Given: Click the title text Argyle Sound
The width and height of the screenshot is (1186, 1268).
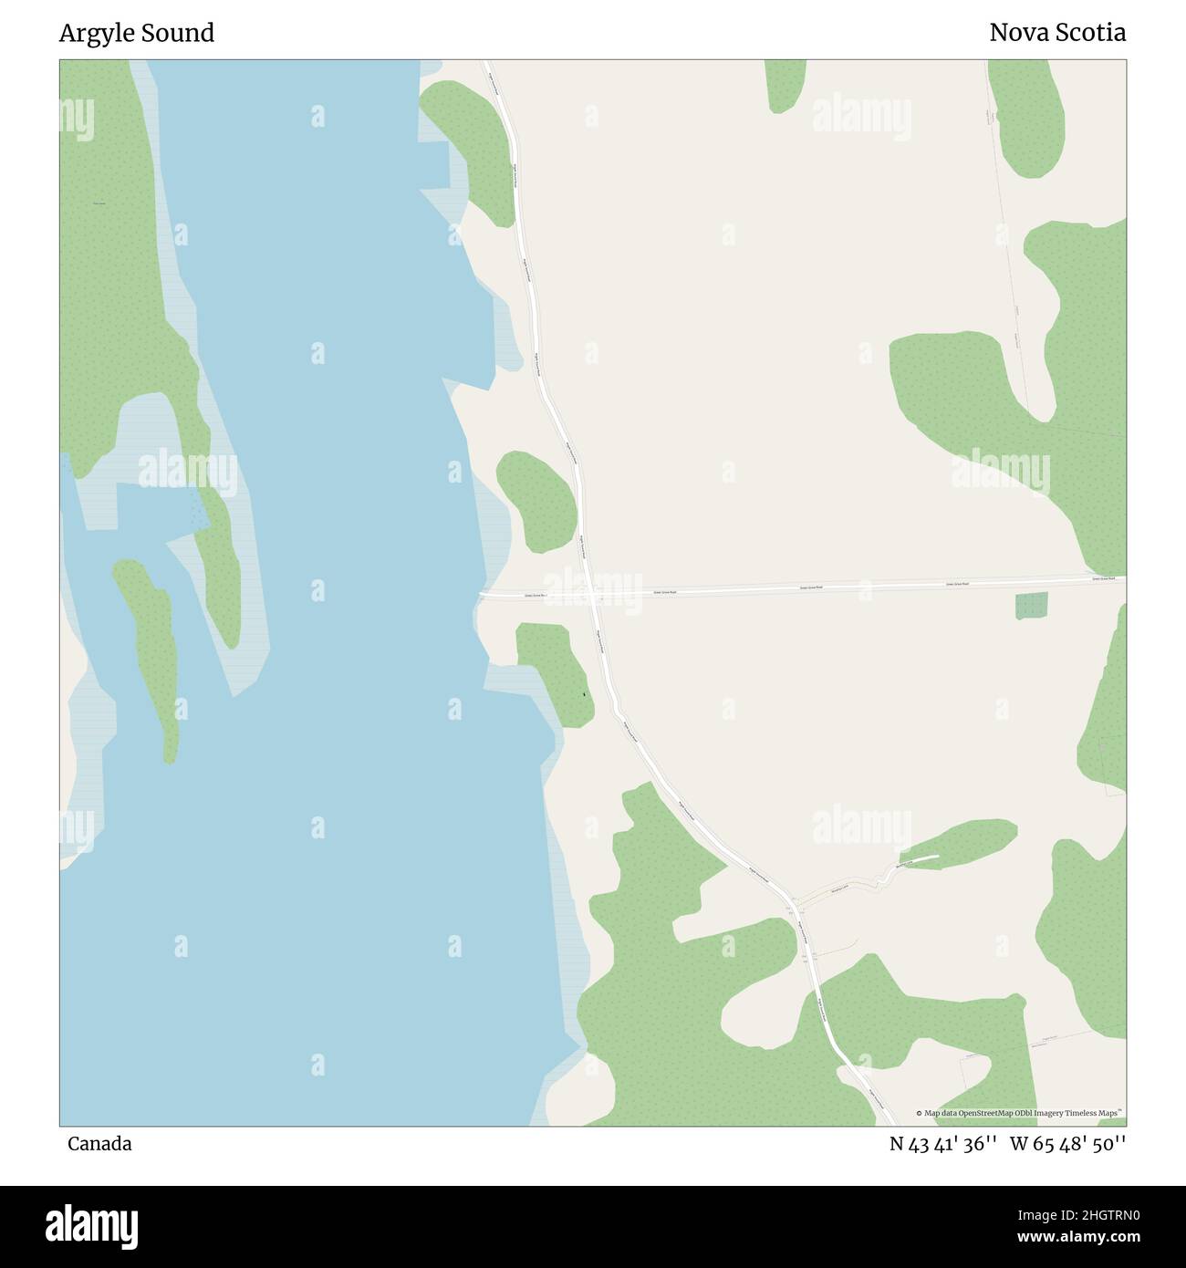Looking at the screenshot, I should (x=137, y=34).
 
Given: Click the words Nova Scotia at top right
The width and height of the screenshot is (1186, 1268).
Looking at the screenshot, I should (x=1057, y=34).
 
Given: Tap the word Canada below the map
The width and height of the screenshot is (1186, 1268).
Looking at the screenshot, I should (x=99, y=1144).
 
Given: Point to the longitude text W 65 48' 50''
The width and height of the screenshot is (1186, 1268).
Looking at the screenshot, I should (x=1067, y=1144).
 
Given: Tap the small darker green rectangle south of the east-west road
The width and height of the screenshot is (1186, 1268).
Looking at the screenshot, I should (x=1032, y=606).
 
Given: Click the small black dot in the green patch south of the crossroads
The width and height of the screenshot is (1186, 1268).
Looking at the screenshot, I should (x=584, y=696).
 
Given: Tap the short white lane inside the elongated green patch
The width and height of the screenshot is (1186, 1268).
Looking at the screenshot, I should (x=921, y=859).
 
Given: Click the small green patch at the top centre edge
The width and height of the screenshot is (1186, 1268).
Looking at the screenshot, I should (x=784, y=85).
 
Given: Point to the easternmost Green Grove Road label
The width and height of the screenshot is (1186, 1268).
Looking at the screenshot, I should (x=1104, y=578).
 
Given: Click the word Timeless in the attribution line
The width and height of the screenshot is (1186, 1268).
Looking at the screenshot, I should (x=1083, y=1114).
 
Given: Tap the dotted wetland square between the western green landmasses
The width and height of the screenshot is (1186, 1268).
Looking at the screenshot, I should (x=197, y=511).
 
